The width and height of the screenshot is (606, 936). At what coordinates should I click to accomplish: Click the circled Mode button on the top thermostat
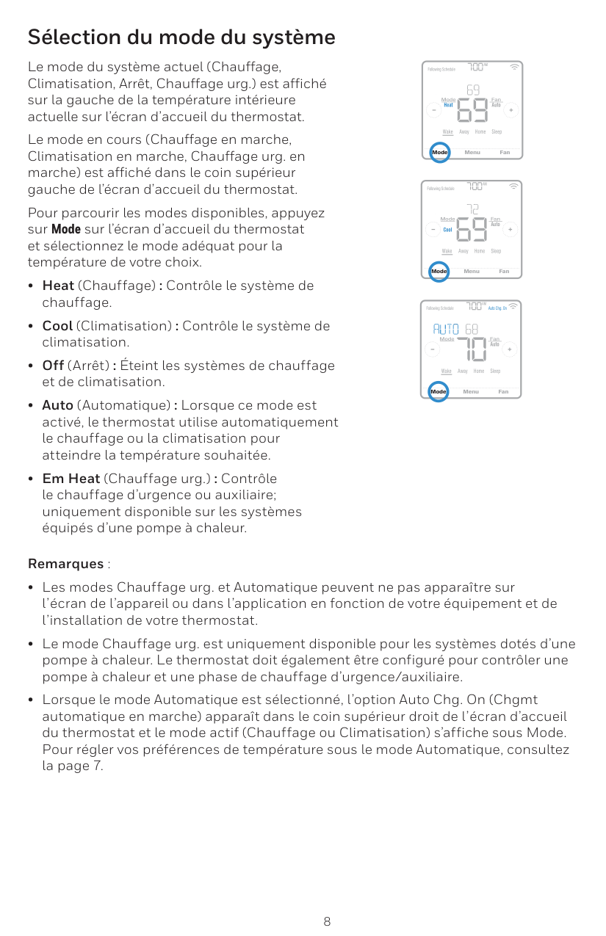tap(439, 152)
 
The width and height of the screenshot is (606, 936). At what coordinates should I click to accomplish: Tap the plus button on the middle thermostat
tap(511, 229)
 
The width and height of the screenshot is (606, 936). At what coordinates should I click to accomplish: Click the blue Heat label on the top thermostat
tap(448, 105)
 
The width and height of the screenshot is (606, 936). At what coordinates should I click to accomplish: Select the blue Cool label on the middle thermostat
tap(447, 230)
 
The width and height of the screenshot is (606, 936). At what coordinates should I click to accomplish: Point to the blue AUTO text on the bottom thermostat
tap(446, 328)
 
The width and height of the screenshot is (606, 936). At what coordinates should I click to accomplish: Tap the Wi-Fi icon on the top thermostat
tap(513, 68)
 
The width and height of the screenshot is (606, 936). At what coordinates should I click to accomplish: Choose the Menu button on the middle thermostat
tap(472, 272)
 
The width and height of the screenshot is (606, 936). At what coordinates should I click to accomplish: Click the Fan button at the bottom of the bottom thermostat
tap(503, 391)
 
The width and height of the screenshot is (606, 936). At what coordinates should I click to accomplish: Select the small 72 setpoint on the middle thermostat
tap(472, 209)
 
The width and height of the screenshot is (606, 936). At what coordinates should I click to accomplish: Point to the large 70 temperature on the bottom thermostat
tap(472, 349)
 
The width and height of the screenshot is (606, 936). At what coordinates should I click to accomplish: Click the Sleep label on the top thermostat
tap(497, 132)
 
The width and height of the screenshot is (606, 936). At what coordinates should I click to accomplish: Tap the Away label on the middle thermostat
tap(463, 251)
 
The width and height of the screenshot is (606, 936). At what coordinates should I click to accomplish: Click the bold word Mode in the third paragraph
tap(65, 230)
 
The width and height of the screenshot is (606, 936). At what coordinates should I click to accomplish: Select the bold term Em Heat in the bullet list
tap(71, 479)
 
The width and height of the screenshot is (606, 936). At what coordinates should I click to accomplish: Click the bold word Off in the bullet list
tap(53, 366)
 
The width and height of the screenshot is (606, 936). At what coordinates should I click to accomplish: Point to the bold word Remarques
tap(65, 564)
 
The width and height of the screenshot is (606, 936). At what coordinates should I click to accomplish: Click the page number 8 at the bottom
tap(327, 921)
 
